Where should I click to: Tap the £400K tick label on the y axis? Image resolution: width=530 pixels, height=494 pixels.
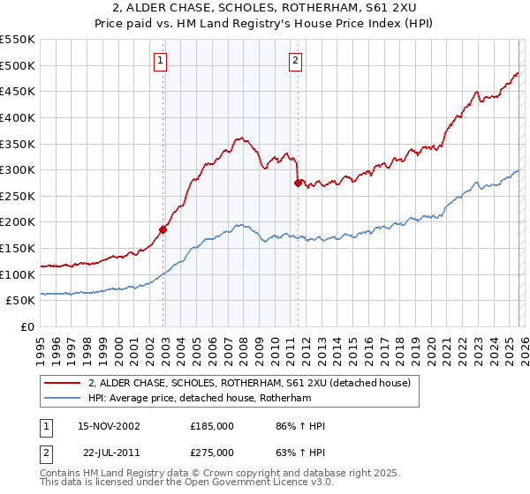[x=18, y=117]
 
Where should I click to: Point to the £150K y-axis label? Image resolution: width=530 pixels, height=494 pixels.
[x=18, y=248]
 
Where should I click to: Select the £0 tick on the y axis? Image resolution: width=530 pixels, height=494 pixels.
[x=26, y=326]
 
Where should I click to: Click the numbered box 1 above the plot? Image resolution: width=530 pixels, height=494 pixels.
[x=160, y=61]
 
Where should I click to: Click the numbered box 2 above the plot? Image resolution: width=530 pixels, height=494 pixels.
[x=295, y=61]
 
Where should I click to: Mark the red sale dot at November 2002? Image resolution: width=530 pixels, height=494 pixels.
[x=163, y=229]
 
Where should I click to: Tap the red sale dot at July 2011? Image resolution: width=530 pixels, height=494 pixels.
[x=298, y=183]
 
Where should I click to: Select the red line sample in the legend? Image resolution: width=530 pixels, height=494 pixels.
[x=62, y=384]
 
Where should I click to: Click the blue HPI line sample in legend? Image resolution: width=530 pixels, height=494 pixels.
[x=62, y=399]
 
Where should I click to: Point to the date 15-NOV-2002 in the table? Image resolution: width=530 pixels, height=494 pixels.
[x=109, y=426]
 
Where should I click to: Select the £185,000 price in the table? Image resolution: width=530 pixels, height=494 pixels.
[x=212, y=426]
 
